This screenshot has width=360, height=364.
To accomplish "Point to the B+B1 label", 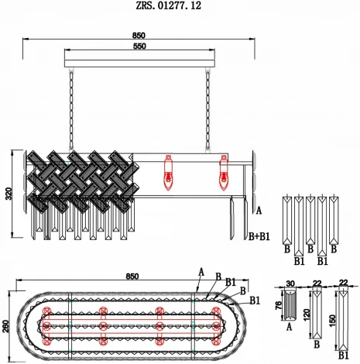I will click(259, 235).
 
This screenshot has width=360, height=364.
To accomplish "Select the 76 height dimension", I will click(279, 306).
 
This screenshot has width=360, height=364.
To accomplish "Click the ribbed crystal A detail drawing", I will click(290, 307).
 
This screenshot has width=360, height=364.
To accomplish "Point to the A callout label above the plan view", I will click(201, 271).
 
